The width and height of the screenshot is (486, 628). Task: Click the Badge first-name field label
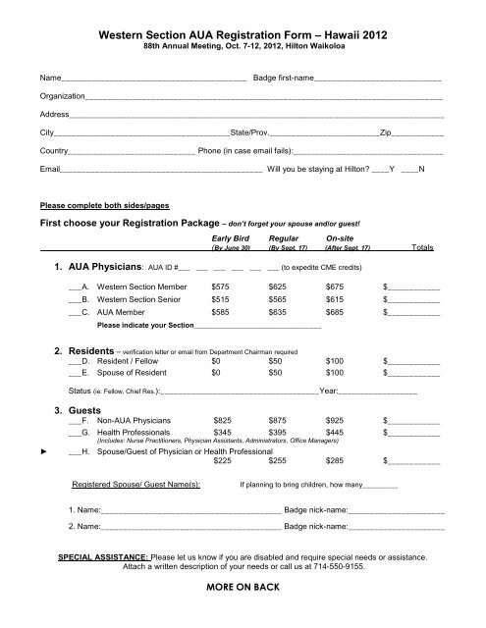(x=284, y=77)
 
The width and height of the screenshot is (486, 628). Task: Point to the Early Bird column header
(x=232, y=238)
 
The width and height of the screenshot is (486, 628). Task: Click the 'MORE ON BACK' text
(x=243, y=614)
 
